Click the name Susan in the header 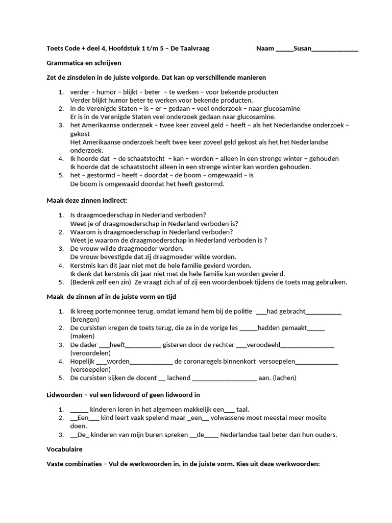[303, 49]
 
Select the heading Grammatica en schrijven [84, 63]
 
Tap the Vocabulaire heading [64, 449]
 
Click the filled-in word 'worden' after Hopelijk [118, 361]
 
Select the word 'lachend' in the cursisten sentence [179, 378]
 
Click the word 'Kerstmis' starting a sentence [83, 265]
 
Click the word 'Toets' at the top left [55, 49]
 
